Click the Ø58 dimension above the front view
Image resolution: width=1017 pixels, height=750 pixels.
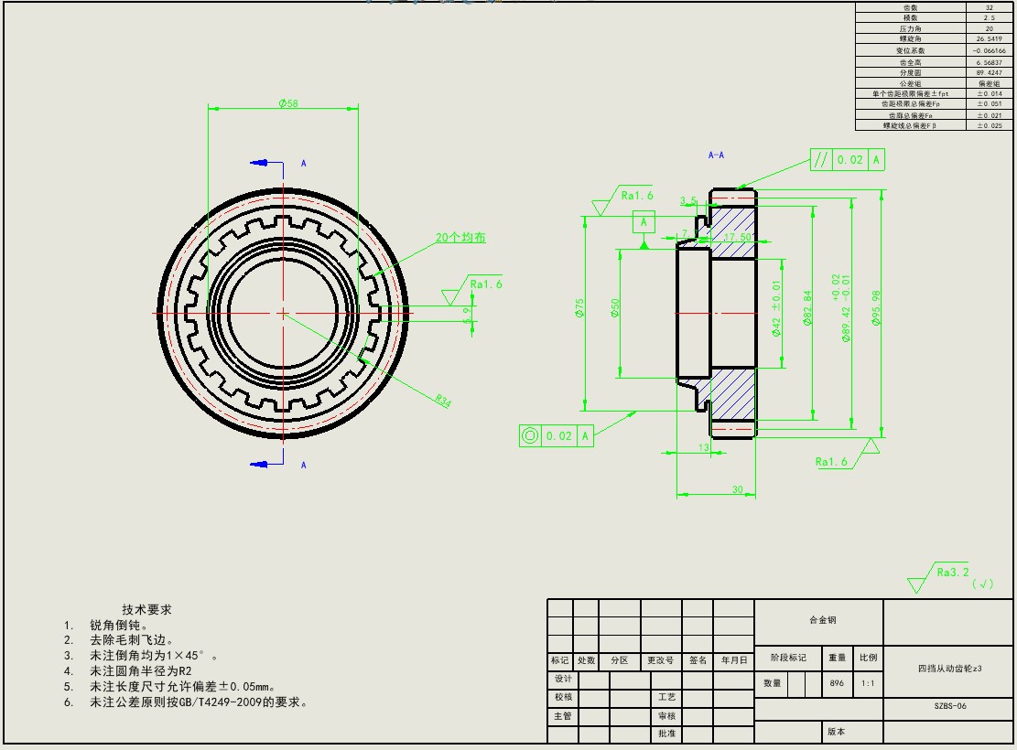[287, 104]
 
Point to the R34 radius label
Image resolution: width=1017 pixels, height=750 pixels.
[443, 401]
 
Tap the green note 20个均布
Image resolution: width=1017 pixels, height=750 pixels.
[460, 238]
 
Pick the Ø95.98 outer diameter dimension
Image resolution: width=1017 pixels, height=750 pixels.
[877, 312]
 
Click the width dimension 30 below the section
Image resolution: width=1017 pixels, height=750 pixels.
[738, 490]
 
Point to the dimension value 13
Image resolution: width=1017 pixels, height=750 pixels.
[704, 447]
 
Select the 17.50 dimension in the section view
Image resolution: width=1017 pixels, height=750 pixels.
[738, 237]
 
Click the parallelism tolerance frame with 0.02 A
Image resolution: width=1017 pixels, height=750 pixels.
[848, 159]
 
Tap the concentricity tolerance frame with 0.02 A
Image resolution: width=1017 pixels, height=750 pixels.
[557, 435]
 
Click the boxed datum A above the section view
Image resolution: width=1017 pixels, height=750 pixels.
[644, 221]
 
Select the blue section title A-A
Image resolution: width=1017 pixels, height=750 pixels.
[717, 155]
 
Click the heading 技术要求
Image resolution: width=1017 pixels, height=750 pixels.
[147, 609]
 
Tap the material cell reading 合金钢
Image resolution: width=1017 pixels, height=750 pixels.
[822, 620]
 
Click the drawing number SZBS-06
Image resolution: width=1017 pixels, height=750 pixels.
[950, 706]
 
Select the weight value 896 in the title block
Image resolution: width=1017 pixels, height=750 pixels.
[837, 682]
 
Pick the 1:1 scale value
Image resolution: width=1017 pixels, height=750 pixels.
[867, 682]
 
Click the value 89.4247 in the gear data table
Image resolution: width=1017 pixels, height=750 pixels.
[990, 71]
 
